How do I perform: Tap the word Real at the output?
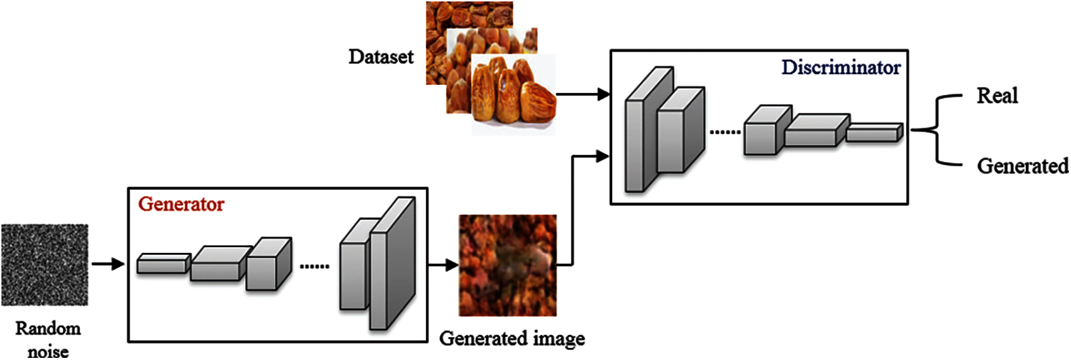997,96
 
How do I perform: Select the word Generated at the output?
1022,166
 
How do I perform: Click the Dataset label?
381,57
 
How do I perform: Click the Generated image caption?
512,337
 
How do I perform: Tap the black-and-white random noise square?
44,265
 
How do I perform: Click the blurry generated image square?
507,265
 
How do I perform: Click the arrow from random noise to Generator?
108,265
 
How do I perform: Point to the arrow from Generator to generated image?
442,265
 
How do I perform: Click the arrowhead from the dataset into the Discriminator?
605,94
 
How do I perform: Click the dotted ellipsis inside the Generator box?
314,266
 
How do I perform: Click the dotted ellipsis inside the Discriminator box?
724,132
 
